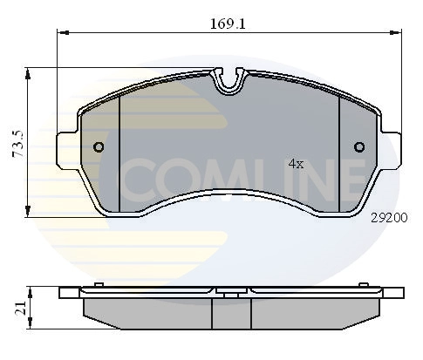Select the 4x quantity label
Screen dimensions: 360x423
click(x=295, y=164)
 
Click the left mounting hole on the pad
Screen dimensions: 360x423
click(x=99, y=146)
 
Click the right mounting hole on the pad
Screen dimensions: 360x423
click(x=358, y=146)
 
